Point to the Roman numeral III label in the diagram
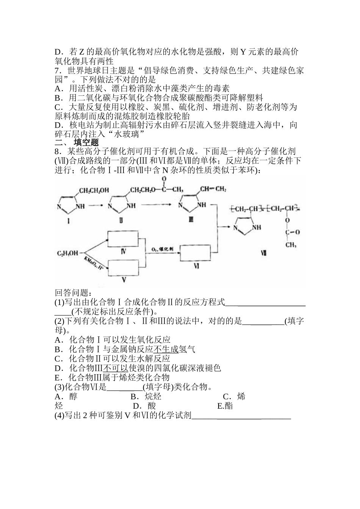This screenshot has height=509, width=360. pyautogui.click(x=191, y=219)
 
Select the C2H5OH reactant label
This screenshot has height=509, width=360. pyautogui.click(x=67, y=253)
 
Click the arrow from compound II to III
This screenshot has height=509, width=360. pyautogui.click(x=155, y=205)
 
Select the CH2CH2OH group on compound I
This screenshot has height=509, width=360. pyautogui.click(x=94, y=190)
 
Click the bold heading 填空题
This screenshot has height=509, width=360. pyautogui.click(x=86, y=142)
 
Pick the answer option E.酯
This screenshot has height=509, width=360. pyautogui.click(x=225, y=406)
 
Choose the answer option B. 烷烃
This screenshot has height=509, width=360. pyautogui.click(x=146, y=397)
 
